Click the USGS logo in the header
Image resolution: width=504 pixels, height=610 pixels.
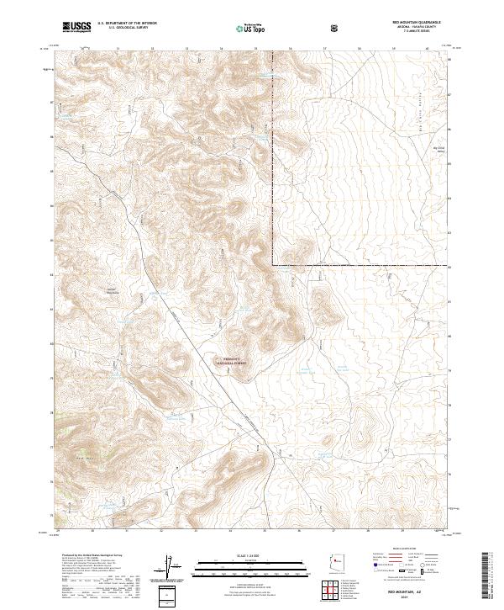(x=77, y=27)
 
